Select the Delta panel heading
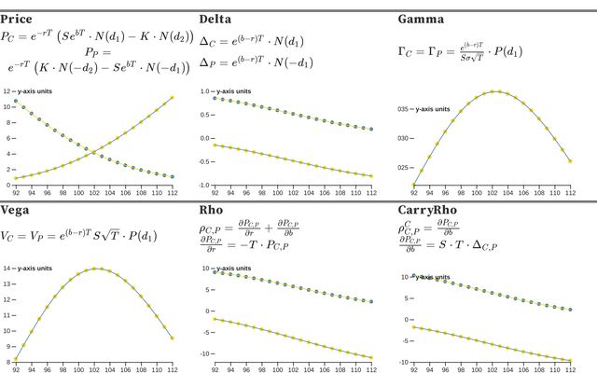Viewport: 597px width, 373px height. click(x=217, y=19)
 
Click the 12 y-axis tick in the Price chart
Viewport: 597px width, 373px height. click(x=6, y=91)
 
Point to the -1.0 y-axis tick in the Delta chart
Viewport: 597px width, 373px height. click(x=207, y=186)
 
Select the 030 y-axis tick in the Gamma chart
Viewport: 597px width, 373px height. click(x=403, y=139)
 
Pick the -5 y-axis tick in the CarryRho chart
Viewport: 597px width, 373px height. click(x=405, y=340)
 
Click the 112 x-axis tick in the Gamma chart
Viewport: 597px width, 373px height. click(x=570, y=193)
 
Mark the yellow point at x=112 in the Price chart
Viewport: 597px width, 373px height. click(x=172, y=97)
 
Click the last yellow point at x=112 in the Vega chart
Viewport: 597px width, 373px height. click(x=172, y=338)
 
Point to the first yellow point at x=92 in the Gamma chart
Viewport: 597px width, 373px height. click(x=413, y=185)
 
